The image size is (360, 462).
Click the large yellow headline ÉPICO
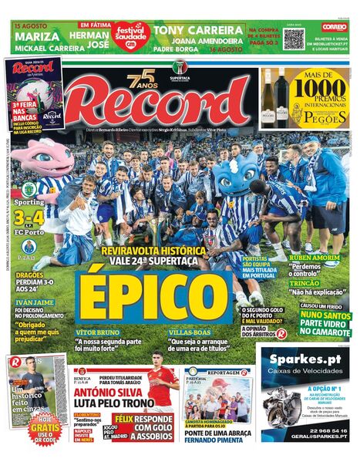(155, 295)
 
